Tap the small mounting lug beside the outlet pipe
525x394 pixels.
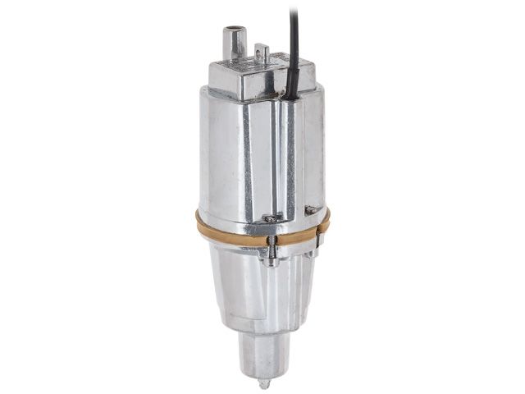(262, 53)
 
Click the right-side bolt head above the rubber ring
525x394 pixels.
(310, 210)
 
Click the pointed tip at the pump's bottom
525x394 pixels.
(262, 383)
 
